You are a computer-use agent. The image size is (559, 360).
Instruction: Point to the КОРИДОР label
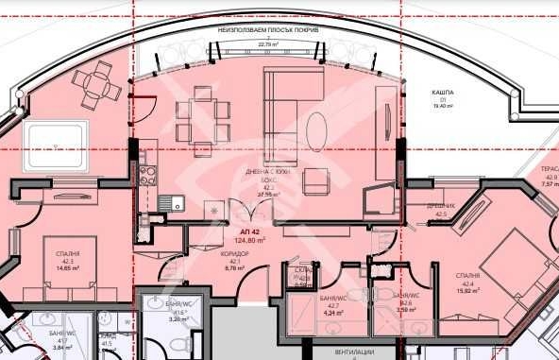(236, 254)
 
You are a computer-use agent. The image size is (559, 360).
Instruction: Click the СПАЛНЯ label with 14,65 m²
(68, 254)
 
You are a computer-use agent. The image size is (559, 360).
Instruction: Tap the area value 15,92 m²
(466, 291)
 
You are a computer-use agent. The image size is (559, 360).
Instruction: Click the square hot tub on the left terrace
(56, 146)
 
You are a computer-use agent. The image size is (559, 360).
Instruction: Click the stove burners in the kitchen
(147, 174)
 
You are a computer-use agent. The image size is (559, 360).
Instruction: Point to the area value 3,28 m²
(178, 320)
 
